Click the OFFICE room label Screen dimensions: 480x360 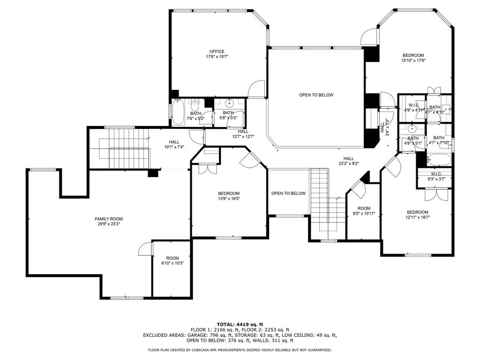[217, 52]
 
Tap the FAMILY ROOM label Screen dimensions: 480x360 [109, 219]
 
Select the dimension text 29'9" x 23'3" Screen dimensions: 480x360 [109, 224]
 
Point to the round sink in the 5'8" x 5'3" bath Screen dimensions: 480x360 [229, 102]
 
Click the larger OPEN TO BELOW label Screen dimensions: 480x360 [316, 95]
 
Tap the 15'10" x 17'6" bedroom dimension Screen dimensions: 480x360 [413, 60]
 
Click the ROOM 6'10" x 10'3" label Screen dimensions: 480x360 [172, 261]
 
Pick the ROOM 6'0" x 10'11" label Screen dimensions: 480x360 [364, 211]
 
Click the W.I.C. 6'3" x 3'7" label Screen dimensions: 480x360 [436, 177]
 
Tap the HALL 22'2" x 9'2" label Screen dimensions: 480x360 [348, 161]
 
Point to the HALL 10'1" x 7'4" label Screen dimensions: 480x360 [174, 144]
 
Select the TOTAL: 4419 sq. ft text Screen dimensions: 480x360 [240, 324]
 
